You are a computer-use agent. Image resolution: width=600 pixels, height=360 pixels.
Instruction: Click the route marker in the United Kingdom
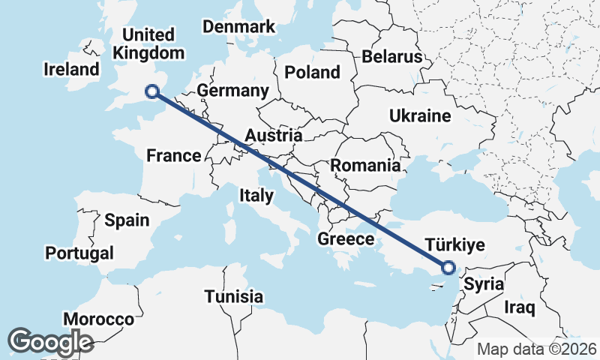point(152,91)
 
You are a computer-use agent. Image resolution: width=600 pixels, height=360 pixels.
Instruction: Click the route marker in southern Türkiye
point(448,267)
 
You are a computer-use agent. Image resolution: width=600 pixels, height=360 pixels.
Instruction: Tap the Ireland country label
point(71,70)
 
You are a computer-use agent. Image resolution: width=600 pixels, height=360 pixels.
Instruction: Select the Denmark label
point(239,27)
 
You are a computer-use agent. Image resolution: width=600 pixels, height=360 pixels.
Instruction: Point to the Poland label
point(312,72)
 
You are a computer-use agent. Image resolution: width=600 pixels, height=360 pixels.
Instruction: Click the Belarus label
point(391,57)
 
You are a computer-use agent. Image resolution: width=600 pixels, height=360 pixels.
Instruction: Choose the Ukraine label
point(419,115)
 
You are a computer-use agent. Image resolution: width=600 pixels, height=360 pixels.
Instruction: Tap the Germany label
point(232,91)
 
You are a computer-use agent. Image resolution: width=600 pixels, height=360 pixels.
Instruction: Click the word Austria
point(274,136)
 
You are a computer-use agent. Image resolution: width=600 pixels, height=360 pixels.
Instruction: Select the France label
point(173,156)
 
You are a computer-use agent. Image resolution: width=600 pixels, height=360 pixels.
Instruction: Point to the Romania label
point(365,166)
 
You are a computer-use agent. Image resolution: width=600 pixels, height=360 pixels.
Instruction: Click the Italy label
point(256,196)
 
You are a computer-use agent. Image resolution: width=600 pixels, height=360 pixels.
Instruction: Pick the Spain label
point(127,220)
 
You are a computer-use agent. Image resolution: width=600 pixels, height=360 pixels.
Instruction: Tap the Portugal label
point(79,253)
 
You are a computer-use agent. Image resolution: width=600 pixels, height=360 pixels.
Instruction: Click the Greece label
point(346,239)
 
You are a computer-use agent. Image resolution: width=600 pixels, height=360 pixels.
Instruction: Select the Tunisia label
point(235,296)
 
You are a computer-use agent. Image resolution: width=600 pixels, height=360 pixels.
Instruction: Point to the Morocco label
point(98,319)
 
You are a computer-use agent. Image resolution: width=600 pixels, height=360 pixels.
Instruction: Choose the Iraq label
point(519,307)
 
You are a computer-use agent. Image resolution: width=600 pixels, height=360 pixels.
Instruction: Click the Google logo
point(50,342)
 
